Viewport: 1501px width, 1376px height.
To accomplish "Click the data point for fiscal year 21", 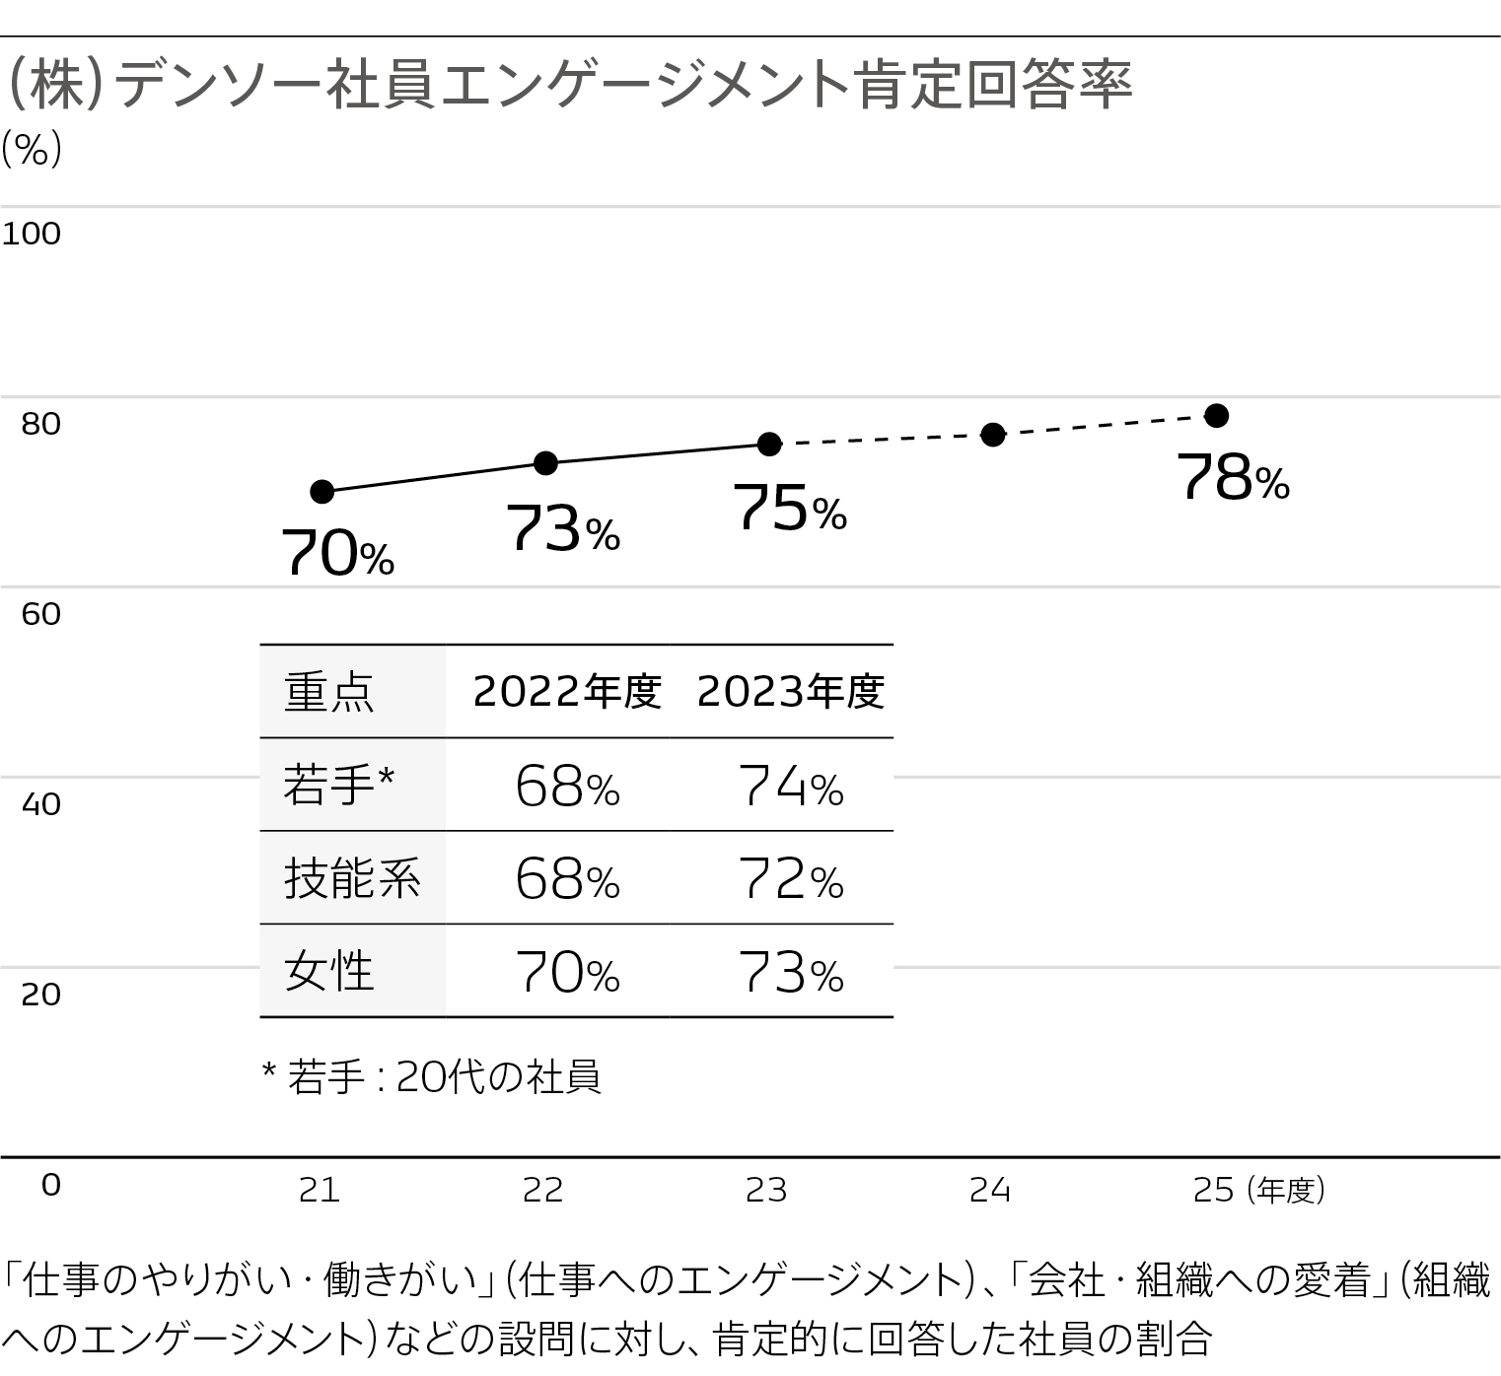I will click(x=322, y=491).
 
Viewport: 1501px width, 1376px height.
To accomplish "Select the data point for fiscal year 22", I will click(x=545, y=463).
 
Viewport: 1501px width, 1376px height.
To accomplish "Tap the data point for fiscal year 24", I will click(x=993, y=435).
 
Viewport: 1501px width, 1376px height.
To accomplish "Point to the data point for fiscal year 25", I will click(x=1217, y=415).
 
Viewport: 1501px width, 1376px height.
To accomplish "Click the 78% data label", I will click(x=1233, y=479).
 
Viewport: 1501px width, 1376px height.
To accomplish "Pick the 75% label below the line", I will click(x=789, y=510).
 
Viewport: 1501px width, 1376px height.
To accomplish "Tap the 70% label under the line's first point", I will click(x=338, y=553).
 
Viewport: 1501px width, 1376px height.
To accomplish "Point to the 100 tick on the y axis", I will click(x=32, y=234).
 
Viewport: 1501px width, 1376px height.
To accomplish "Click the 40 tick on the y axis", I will click(x=40, y=804).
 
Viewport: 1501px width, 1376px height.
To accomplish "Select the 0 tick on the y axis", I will click(x=50, y=1185).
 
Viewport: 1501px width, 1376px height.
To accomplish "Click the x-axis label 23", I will click(x=766, y=1191).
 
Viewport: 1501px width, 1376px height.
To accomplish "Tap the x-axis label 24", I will click(x=990, y=1191).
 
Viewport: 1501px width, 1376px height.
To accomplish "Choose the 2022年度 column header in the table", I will click(x=566, y=692).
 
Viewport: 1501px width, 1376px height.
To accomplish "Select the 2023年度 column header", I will click(x=790, y=692).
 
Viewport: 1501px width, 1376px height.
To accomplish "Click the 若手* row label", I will click(x=338, y=786).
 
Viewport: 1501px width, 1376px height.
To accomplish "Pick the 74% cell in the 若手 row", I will click(x=790, y=788).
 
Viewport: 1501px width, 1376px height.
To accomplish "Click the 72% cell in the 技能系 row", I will click(x=790, y=879).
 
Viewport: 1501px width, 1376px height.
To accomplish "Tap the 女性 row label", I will click(x=328, y=972).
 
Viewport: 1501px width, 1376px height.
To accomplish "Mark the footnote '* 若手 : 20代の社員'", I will click(x=431, y=1076).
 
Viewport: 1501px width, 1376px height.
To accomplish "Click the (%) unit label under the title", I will click(x=32, y=150).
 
